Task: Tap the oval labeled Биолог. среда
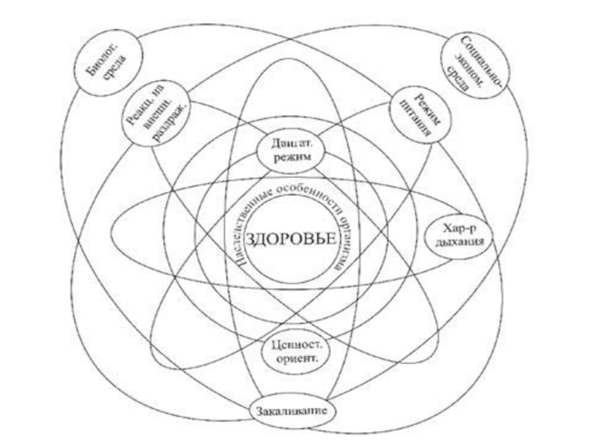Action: click(x=104, y=67)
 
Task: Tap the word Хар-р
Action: click(x=461, y=226)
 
